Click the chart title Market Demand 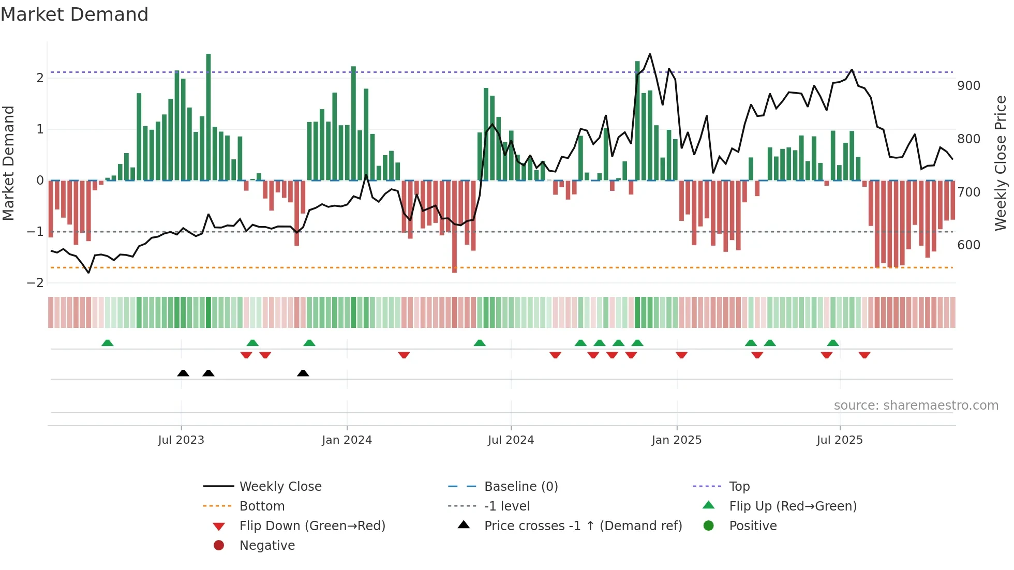tap(74, 14)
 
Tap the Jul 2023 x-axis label tap(181, 440)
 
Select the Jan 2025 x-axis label tap(676, 440)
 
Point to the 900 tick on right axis tap(968, 86)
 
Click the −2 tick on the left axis tap(35, 283)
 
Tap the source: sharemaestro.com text tap(916, 406)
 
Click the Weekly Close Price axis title tap(1001, 163)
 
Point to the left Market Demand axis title tap(9, 163)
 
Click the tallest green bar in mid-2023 tap(208, 117)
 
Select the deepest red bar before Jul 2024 tap(454, 226)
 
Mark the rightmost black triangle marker tap(303, 373)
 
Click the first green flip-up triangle tap(107, 343)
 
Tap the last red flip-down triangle tap(864, 355)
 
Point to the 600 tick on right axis tap(968, 245)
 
